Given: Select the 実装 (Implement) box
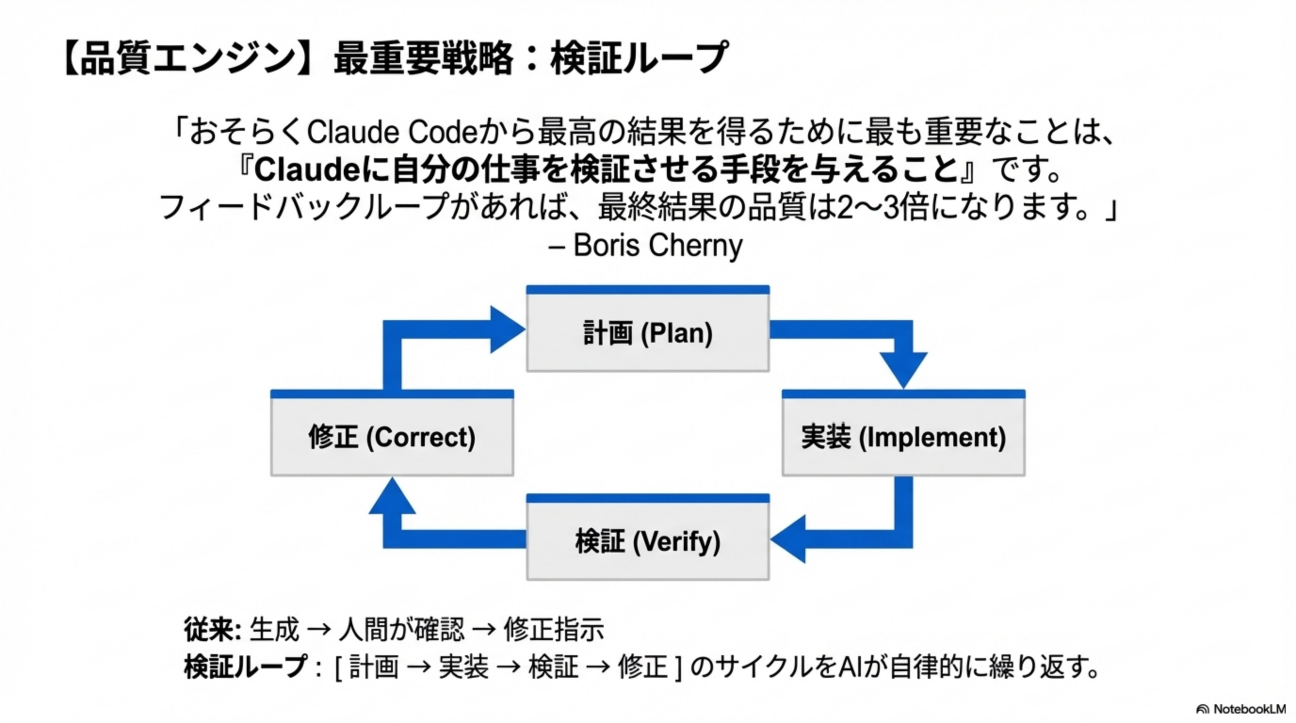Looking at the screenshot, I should point(903,436).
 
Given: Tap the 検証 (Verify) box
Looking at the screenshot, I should point(648,541).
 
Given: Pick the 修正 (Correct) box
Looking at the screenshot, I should point(392,436).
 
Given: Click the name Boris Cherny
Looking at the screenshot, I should point(657,245).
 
